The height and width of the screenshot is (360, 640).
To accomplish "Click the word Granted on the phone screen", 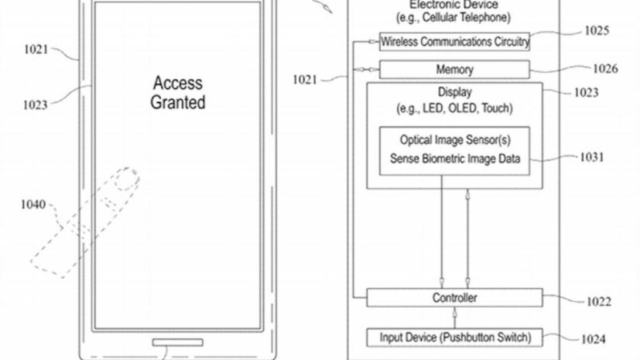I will point(177,102).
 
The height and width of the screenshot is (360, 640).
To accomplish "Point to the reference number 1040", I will point(34,204).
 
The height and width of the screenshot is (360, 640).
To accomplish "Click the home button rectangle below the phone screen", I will point(177,342).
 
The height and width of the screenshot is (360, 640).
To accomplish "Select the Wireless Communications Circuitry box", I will point(454,42).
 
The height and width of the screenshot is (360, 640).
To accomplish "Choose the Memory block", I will point(454,69).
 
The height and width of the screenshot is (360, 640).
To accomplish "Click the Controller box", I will point(454,297).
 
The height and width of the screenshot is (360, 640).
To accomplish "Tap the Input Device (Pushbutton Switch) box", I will point(454,337).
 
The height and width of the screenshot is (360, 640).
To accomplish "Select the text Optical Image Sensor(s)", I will point(454,140).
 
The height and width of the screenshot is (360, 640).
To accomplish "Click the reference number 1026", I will point(605,69).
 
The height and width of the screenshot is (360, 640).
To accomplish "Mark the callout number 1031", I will point(591,157).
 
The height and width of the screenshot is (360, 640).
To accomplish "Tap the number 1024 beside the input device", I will point(592,339).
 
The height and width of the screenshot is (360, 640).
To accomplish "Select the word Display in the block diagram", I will point(454,93).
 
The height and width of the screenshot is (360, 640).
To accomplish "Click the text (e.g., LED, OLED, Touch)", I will point(454,108).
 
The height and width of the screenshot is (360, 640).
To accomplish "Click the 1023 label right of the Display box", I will point(586,92).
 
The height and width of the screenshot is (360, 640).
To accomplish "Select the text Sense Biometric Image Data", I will point(454,158).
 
